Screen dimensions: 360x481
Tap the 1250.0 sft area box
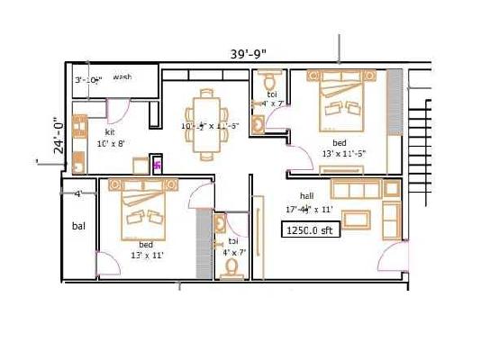tap(309, 229)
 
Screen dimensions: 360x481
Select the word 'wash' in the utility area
tap(123, 77)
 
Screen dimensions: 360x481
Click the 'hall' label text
tap(307, 195)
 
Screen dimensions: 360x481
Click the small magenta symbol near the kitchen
tap(157, 166)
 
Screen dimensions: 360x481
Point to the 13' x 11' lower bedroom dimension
tap(144, 256)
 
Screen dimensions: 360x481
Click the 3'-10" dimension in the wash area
tap(88, 80)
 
